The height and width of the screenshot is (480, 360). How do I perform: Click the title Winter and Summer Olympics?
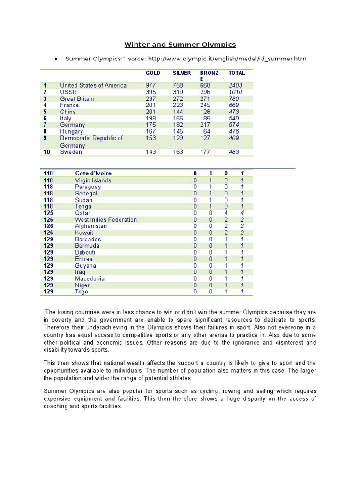pos(180,45)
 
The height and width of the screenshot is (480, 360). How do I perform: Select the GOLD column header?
pos(153,73)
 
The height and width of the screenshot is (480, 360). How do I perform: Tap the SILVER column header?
pos(182,73)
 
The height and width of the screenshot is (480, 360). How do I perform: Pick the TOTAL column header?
pos(236,73)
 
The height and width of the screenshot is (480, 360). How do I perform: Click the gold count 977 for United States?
pos(151,85)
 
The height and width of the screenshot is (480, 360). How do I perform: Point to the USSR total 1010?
pos(235,92)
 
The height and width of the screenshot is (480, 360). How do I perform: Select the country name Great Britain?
pos(77,98)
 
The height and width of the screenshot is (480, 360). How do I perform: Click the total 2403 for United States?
pos(236,85)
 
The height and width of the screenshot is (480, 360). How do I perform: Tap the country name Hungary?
pos(71,131)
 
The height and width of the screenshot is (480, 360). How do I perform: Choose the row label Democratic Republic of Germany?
pos(91,142)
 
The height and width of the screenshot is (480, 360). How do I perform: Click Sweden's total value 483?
pos(233,152)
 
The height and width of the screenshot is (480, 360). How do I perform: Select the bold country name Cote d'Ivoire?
pos(93,173)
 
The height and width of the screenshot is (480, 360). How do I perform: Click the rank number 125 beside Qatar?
pos(48,213)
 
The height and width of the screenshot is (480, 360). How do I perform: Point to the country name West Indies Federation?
pos(106,219)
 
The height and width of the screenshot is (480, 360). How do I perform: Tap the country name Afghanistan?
pos(91,226)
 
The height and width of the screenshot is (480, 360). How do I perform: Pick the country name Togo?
pos(82,292)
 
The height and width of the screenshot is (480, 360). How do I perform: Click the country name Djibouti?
pos(85,252)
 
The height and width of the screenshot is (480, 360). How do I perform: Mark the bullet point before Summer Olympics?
pos(56,59)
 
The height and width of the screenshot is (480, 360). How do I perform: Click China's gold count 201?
pos(151,112)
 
